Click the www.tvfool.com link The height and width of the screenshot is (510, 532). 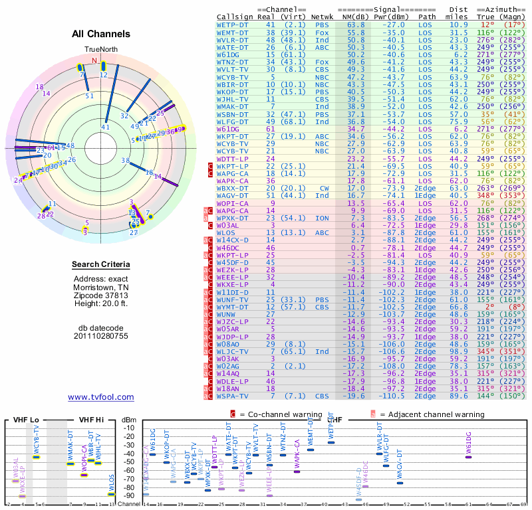tap(101, 397)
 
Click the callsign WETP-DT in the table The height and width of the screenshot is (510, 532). tap(232, 24)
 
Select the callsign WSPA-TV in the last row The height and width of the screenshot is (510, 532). tap(233, 396)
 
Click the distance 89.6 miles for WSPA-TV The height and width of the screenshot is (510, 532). tap(459, 396)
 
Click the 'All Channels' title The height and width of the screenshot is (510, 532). tap(101, 34)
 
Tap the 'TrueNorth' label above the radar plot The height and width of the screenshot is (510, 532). tap(100, 50)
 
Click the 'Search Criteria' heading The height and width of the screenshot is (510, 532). tap(101, 265)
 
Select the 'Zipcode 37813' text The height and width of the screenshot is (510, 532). tap(101, 295)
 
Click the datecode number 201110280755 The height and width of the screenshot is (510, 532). tap(101, 336)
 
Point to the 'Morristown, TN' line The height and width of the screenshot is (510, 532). tap(101, 286)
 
